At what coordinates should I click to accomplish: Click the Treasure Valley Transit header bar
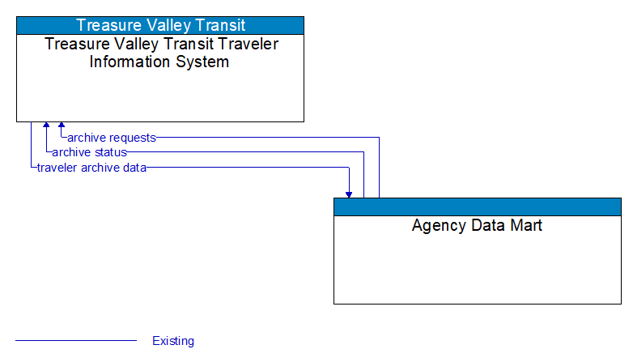click(x=160, y=25)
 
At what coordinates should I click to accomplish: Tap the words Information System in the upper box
click(x=159, y=62)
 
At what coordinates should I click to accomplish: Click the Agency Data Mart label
click(x=477, y=225)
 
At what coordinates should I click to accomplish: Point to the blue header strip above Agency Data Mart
click(x=477, y=207)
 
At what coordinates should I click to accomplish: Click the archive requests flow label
click(x=112, y=138)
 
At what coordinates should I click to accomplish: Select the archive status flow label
click(x=89, y=152)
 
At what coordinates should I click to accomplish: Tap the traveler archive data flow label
click(x=91, y=168)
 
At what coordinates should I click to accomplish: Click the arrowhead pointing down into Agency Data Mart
click(x=349, y=194)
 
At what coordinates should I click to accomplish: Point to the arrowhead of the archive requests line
click(x=62, y=126)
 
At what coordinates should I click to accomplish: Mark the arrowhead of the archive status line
click(x=46, y=126)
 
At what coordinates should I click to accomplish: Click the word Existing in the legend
click(x=173, y=341)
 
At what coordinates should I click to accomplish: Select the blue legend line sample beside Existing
click(x=76, y=341)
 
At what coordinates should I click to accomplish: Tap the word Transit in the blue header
click(x=218, y=25)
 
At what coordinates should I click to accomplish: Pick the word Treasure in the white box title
click(x=79, y=45)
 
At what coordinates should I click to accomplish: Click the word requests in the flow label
click(x=133, y=138)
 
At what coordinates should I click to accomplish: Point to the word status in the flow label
click(x=110, y=152)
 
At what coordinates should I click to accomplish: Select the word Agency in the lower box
click(x=437, y=225)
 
